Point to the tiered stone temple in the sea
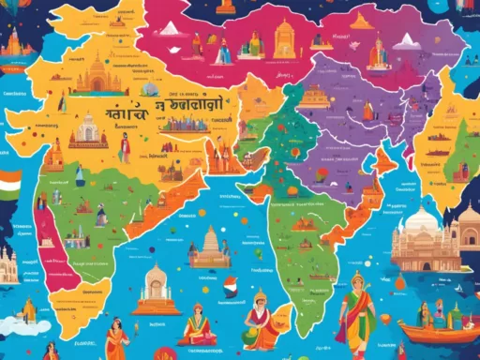209,247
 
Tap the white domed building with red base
90,129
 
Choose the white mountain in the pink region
170,29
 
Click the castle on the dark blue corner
11,41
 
